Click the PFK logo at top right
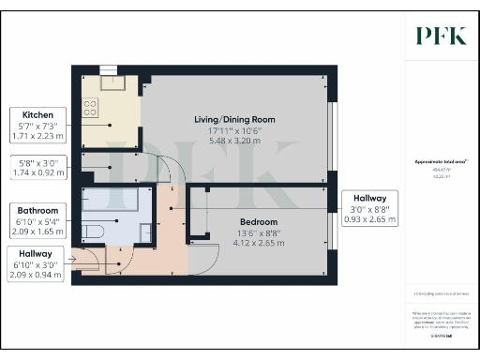pyautogui.click(x=442, y=36)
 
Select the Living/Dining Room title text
pyautogui.click(x=234, y=118)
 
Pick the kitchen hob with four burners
pyautogui.click(x=92, y=109)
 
